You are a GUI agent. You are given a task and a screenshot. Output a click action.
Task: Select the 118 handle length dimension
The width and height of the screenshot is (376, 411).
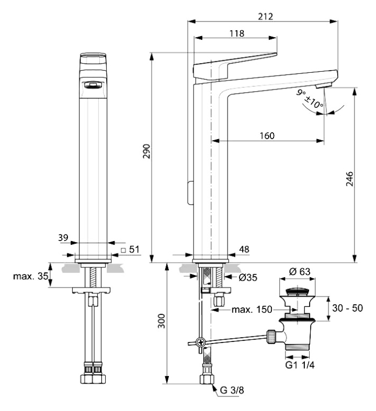coord(236,33)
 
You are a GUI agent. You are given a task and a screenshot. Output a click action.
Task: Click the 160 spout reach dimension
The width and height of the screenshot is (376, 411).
coord(265,136)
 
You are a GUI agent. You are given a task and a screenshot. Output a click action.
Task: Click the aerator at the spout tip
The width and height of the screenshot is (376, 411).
coord(322,86)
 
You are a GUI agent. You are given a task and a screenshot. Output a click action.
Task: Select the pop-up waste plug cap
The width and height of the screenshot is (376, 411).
coord(298,292)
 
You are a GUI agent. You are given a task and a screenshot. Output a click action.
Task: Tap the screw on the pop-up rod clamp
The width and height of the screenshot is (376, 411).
coord(200,341)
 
